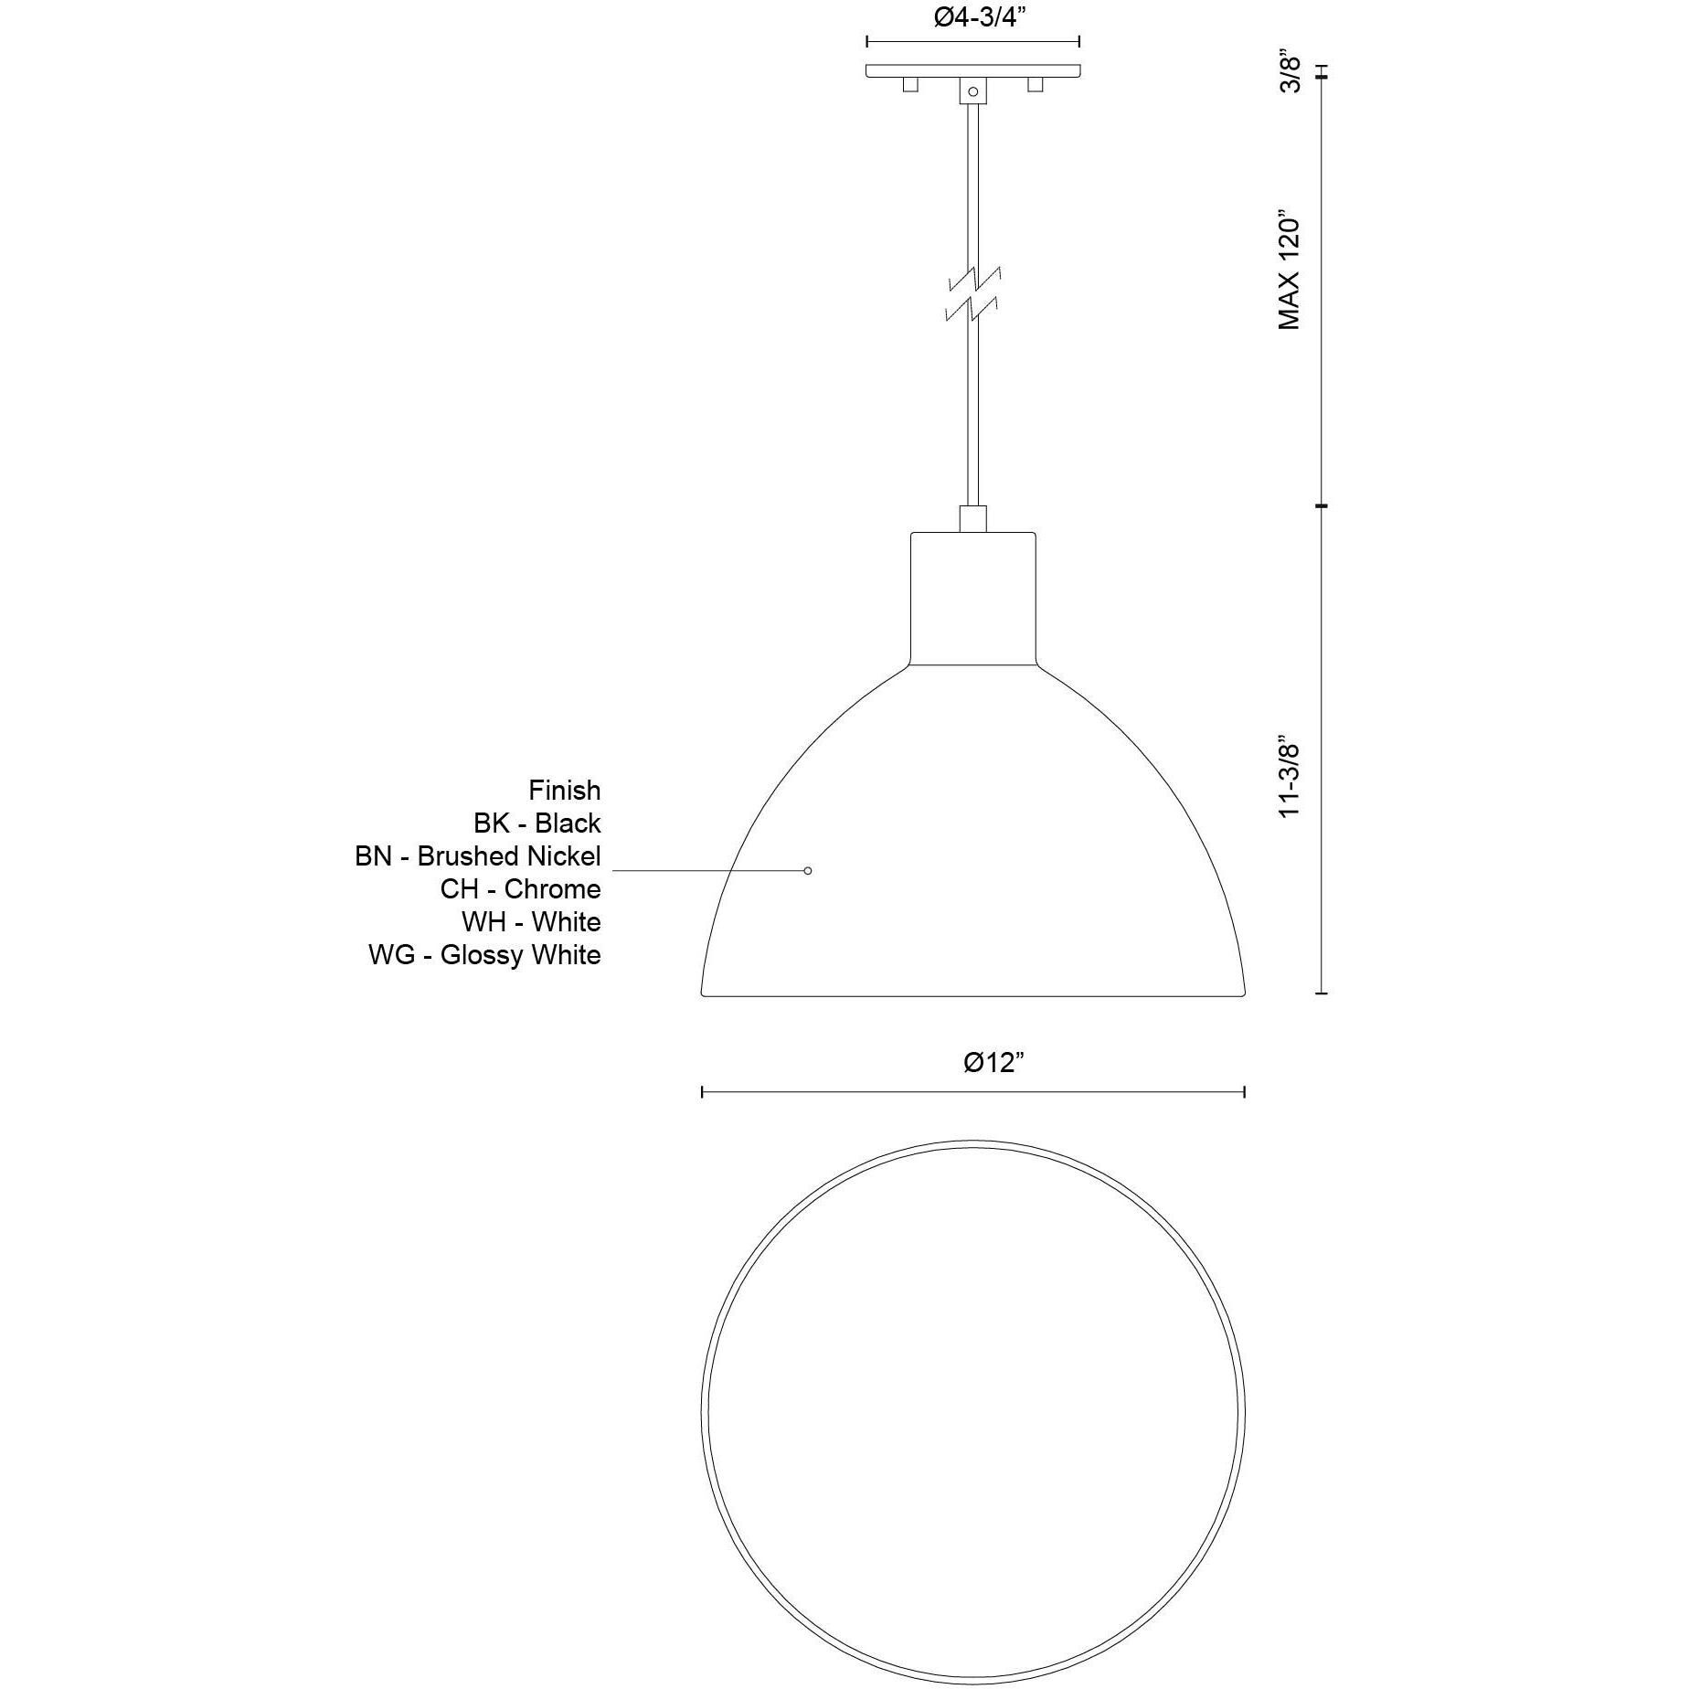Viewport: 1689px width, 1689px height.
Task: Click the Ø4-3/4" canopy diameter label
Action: point(974,19)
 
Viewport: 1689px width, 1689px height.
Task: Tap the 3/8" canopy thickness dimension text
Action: point(1290,72)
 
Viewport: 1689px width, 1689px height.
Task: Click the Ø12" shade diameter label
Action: point(993,1062)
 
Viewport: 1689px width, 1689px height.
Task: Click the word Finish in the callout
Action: point(564,791)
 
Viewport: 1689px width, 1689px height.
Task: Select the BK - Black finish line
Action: point(536,823)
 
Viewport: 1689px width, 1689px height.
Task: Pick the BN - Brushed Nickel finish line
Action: point(478,856)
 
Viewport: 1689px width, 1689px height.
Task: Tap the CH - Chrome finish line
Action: point(520,889)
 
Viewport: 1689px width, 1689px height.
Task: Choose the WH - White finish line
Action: point(531,922)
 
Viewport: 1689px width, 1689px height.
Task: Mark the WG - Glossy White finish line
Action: point(484,955)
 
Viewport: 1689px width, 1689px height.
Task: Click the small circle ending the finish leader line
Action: point(808,871)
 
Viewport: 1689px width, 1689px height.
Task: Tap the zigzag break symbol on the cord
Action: point(973,294)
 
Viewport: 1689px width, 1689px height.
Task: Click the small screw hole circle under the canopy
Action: point(973,91)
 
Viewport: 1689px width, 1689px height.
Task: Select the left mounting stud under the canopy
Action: point(909,85)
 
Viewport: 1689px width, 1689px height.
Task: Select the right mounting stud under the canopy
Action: point(1036,85)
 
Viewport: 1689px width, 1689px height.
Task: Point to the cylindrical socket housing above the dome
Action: point(973,599)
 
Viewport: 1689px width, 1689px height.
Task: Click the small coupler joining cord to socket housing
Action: point(973,519)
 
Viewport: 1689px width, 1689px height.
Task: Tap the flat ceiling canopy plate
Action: point(973,70)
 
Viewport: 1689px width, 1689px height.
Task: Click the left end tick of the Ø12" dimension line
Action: point(702,1091)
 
